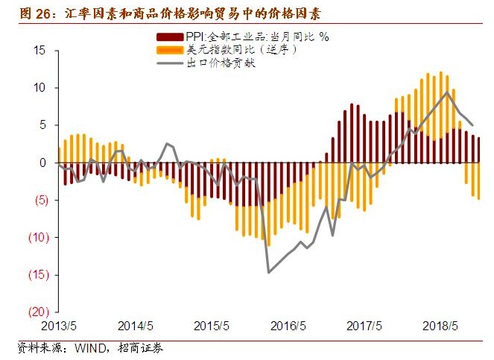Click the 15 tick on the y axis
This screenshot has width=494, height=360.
39,51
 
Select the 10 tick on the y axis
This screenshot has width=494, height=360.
39,88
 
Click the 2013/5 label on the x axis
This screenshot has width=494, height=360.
59,326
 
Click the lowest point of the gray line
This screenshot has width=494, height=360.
269,272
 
